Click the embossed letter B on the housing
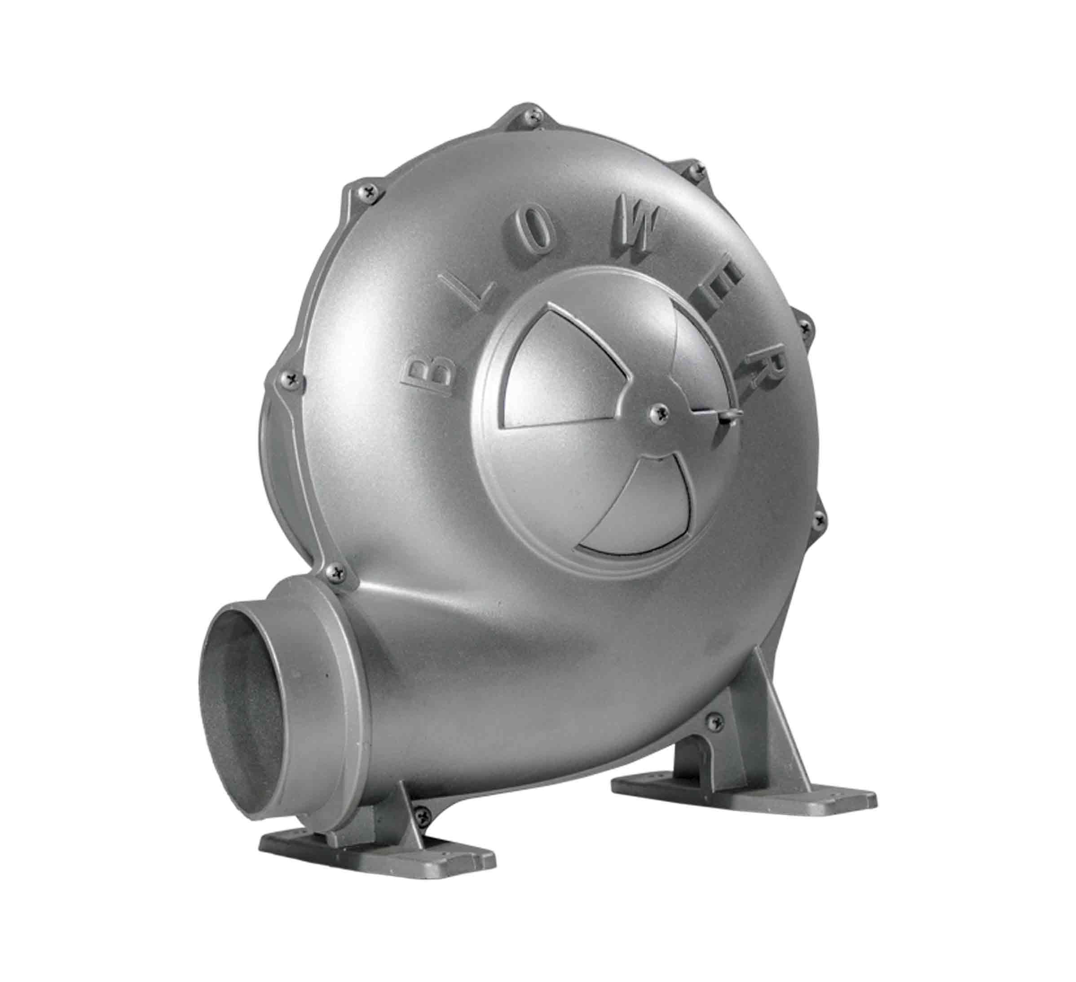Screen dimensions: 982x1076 click(x=429, y=374)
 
